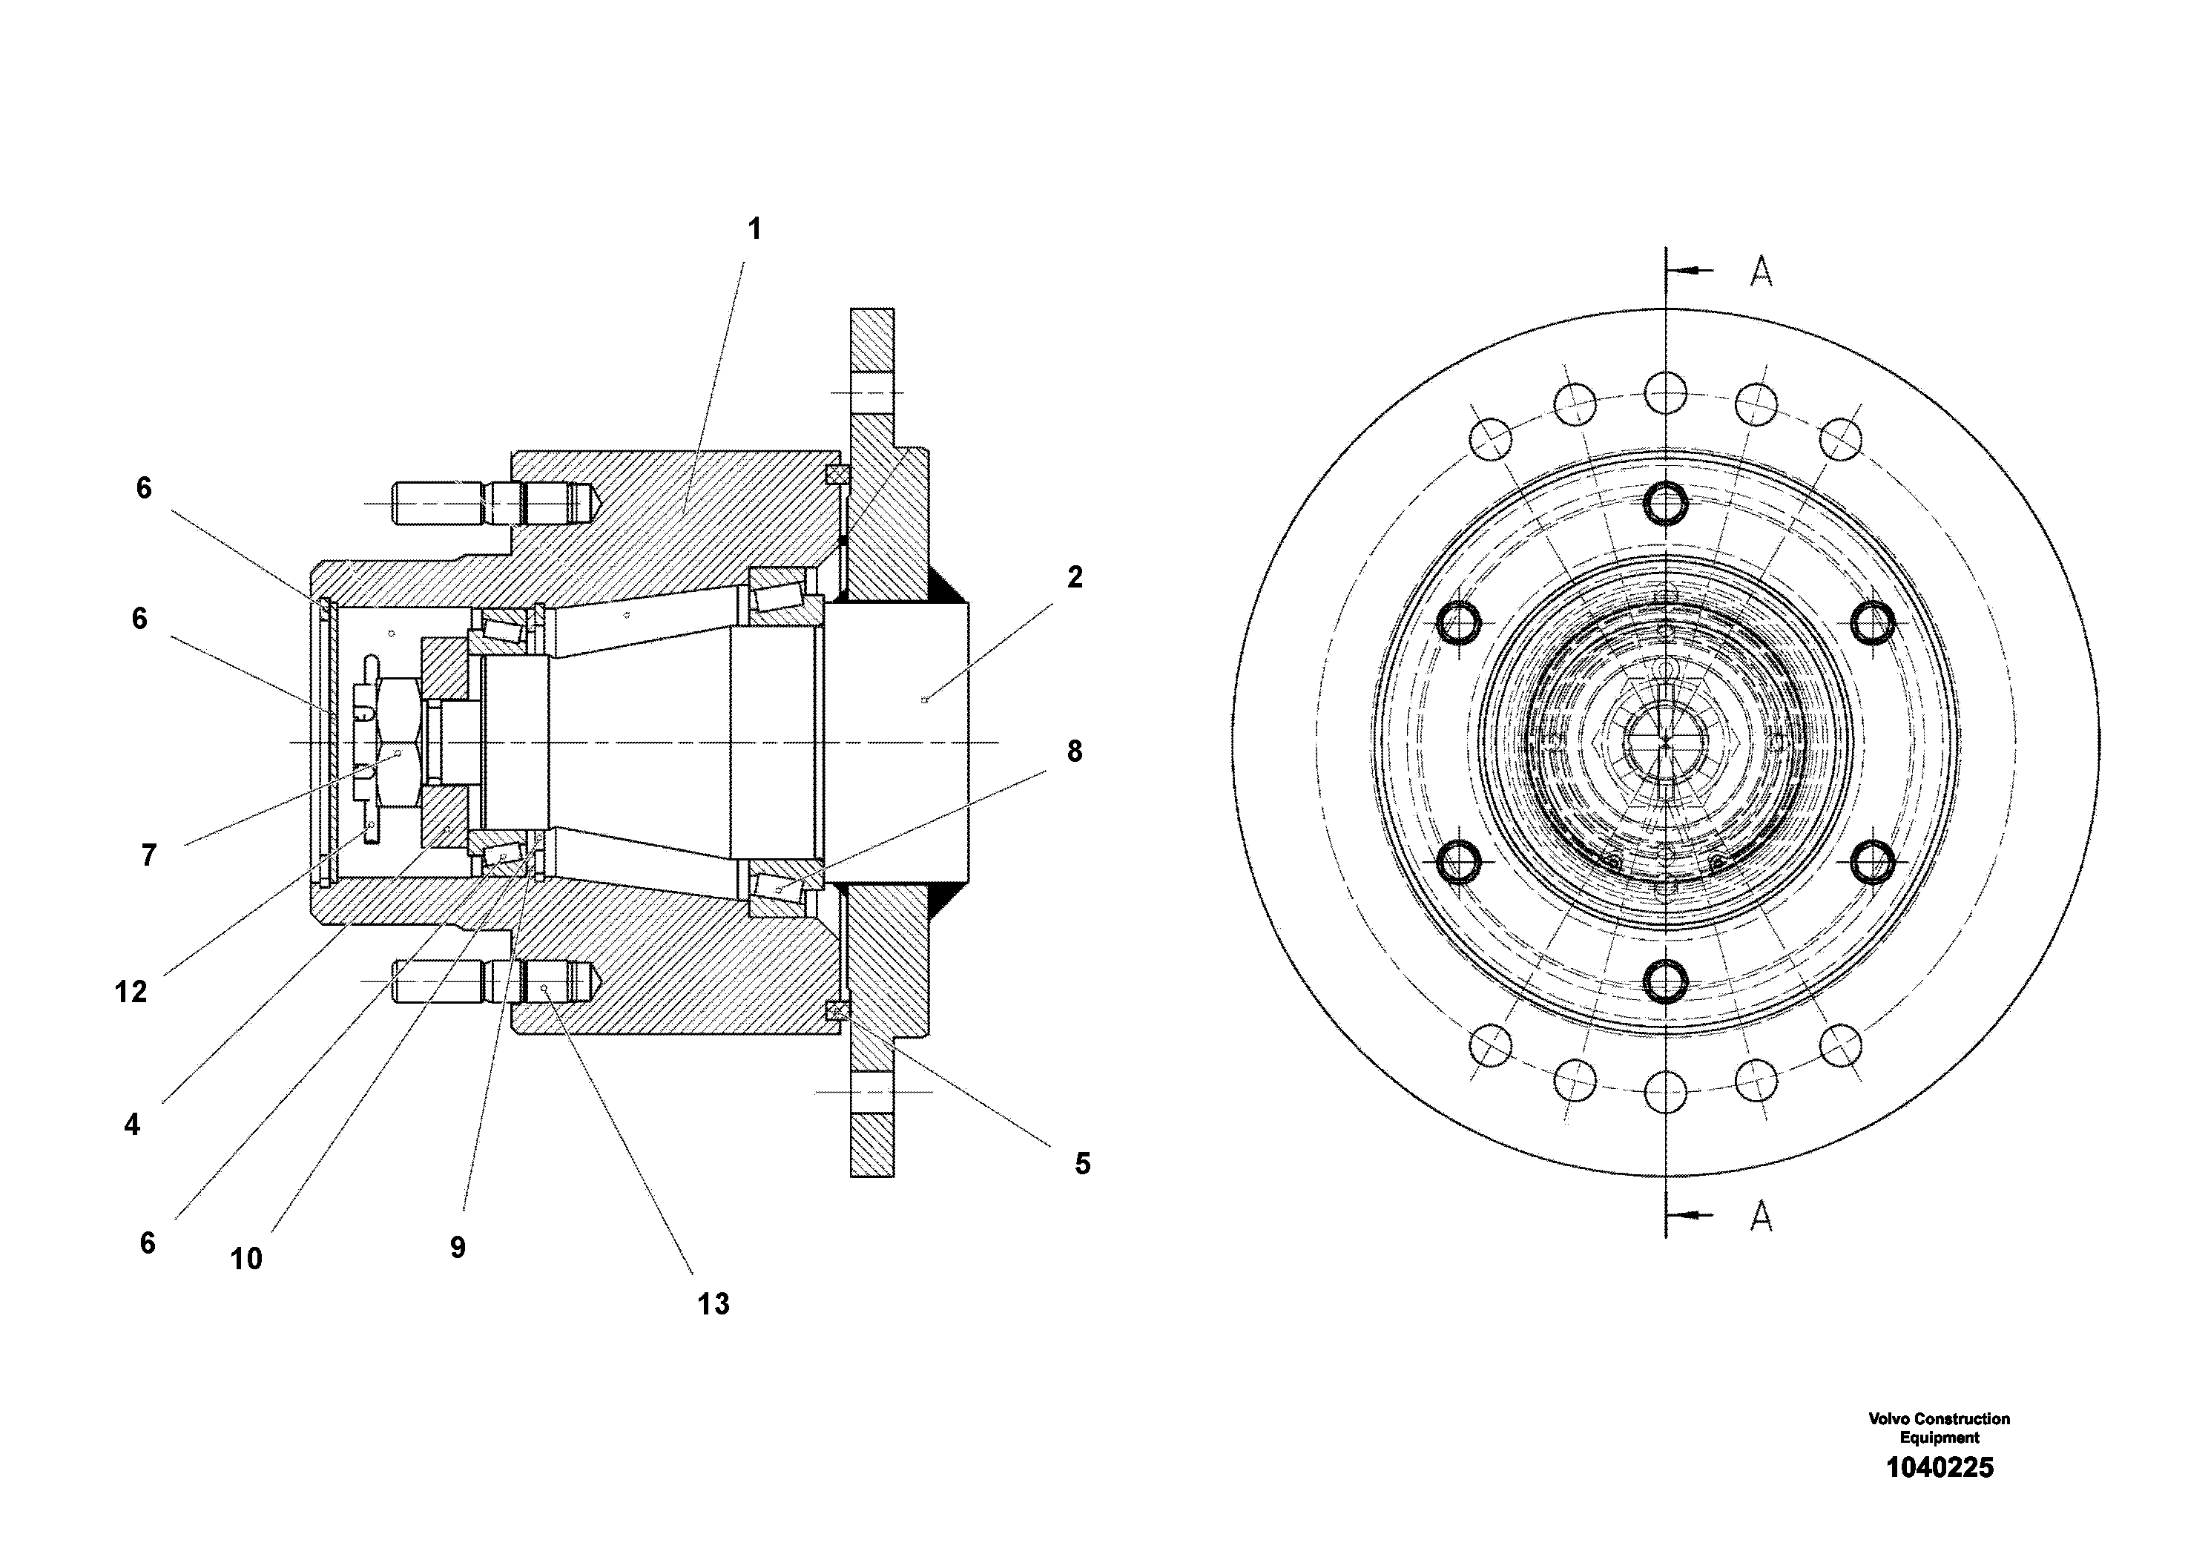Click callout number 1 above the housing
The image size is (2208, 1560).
(x=754, y=229)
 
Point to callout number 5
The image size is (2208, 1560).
(x=1082, y=1164)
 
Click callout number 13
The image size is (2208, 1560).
(x=713, y=1304)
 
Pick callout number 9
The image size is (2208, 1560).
(x=458, y=1248)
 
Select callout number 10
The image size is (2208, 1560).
(x=245, y=1259)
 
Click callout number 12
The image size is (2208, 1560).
(x=131, y=992)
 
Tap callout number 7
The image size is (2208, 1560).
(x=148, y=855)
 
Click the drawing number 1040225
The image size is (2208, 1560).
(x=1939, y=1468)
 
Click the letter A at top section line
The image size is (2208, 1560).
(x=1760, y=272)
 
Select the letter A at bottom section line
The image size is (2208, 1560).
(x=1760, y=1217)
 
